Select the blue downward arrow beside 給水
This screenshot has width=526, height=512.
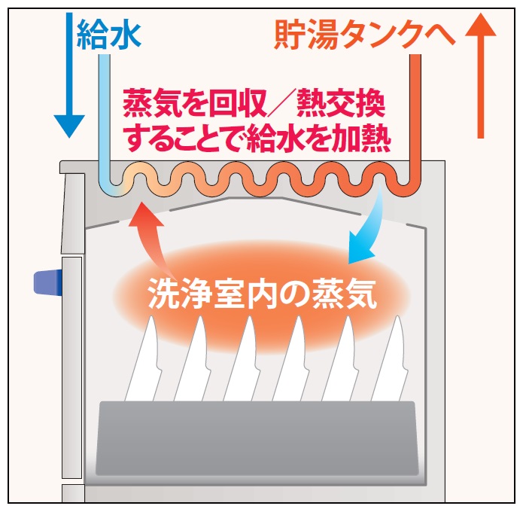(68, 75)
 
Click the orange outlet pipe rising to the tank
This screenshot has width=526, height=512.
(413, 113)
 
